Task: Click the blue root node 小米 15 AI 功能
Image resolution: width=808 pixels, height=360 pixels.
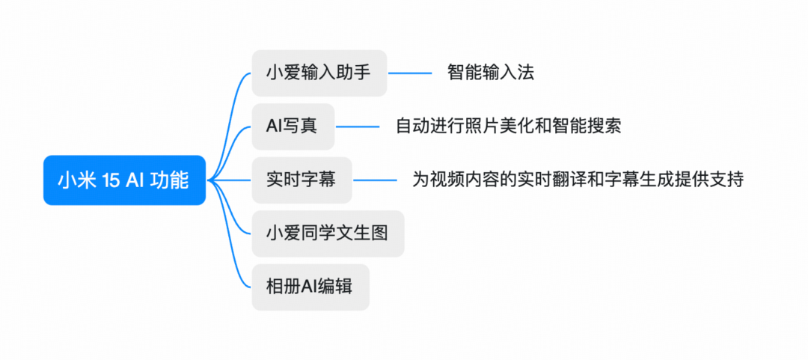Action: click(123, 180)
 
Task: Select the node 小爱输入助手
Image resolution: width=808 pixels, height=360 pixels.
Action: click(319, 73)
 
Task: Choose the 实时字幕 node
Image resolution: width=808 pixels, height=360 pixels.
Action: click(301, 180)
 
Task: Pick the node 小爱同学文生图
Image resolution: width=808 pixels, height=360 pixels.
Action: click(327, 234)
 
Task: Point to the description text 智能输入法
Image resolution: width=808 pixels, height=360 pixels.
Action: click(490, 73)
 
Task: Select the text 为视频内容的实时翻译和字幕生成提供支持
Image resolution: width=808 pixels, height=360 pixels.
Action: click(578, 180)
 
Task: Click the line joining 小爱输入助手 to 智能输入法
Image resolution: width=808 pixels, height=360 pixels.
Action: click(409, 73)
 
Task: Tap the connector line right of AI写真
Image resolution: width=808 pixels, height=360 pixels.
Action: click(357, 126)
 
